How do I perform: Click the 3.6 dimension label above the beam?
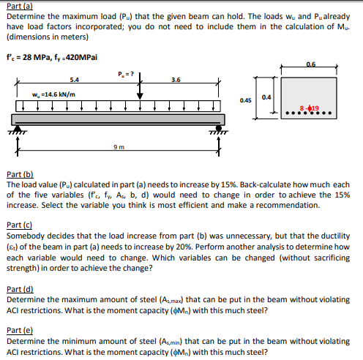point(176,80)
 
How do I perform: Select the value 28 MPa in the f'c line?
point(37,58)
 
